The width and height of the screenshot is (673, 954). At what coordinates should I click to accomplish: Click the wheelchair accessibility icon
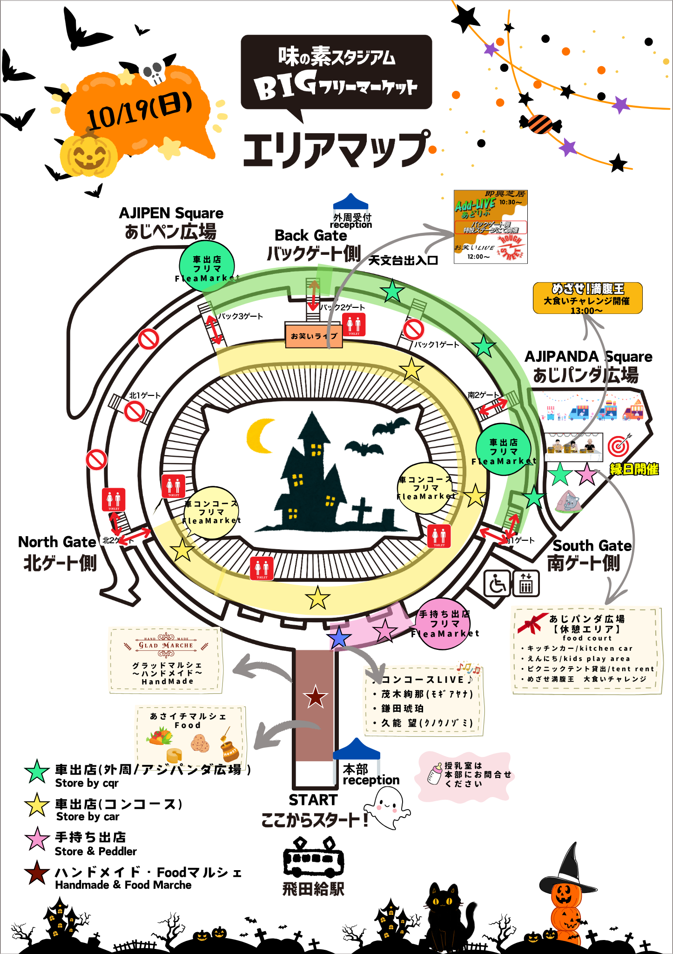(x=498, y=583)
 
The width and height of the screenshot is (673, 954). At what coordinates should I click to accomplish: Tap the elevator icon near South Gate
(x=526, y=583)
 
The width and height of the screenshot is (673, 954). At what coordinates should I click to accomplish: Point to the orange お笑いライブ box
(x=314, y=335)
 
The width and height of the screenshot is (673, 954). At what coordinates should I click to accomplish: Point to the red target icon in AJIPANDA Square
(x=619, y=445)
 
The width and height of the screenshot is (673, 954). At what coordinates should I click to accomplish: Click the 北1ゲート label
(x=144, y=395)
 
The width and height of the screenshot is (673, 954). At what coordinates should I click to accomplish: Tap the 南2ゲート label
(x=483, y=395)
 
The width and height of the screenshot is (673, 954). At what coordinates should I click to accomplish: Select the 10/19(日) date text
(x=139, y=111)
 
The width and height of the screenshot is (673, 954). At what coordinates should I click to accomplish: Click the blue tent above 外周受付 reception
(x=350, y=202)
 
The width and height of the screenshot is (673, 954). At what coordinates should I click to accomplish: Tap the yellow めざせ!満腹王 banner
(x=587, y=298)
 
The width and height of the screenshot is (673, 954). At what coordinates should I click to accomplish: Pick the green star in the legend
(x=37, y=771)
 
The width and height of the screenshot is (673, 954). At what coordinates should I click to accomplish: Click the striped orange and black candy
(x=540, y=124)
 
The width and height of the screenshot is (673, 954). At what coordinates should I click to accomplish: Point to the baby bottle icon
(x=435, y=774)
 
